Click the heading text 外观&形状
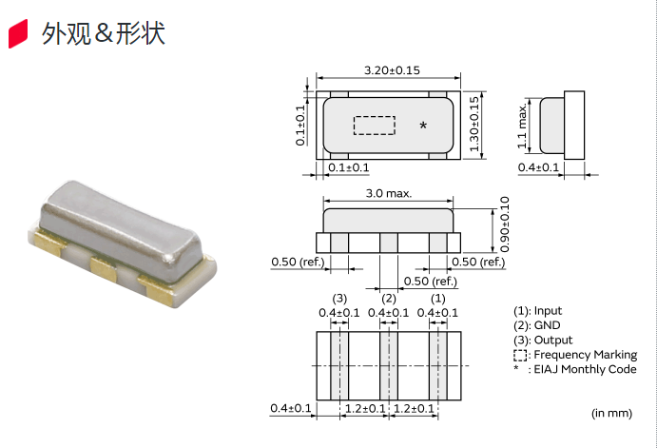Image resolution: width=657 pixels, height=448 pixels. click(104, 34)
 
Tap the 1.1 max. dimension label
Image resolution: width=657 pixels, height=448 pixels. click(522, 127)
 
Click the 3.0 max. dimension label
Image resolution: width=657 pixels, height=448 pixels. click(388, 193)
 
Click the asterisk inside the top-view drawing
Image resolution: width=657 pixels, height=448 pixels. click(423, 127)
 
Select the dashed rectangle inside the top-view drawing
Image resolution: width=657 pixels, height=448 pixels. click(374, 126)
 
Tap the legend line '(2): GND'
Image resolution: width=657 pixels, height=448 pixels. click(536, 325)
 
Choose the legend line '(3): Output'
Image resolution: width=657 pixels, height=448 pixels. click(543, 340)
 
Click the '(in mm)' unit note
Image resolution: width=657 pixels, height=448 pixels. click(611, 413)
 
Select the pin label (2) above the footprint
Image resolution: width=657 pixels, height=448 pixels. click(388, 299)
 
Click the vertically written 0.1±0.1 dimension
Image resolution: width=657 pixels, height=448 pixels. click(300, 125)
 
